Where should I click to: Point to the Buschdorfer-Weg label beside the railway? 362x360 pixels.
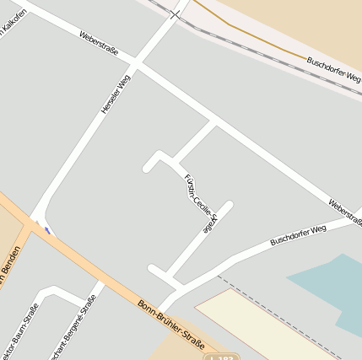pos(333,71)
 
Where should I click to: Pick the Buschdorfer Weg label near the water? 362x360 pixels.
pos(297,235)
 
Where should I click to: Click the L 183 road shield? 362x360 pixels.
pos(222,357)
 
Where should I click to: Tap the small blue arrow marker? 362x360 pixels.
pos(47,228)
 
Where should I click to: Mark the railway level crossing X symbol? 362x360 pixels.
pos(175,13)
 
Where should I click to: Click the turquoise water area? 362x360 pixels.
pos(333,287)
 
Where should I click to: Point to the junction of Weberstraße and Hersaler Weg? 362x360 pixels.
pos(137,65)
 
